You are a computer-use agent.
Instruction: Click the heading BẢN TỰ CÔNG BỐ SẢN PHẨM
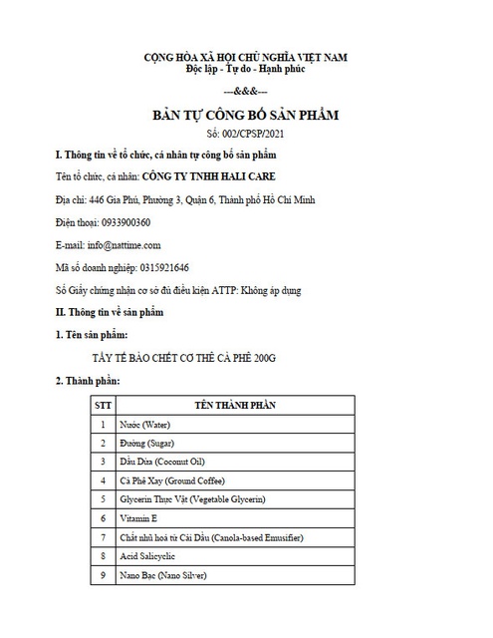[245, 116]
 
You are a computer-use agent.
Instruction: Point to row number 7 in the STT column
[103, 538]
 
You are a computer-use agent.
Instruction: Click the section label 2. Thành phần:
[88, 382]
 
